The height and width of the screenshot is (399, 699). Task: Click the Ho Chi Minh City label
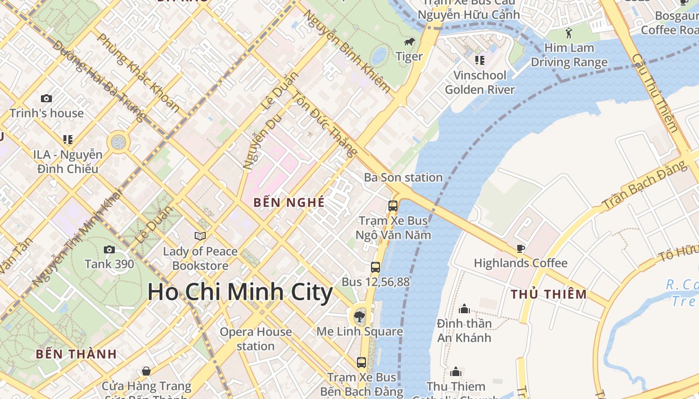(x=240, y=292)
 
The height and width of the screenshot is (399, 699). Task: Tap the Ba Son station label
(x=403, y=178)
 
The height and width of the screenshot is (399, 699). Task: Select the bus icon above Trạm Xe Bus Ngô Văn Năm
(x=393, y=205)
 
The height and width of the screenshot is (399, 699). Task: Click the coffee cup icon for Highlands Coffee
(x=521, y=248)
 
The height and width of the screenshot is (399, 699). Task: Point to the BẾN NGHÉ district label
(x=289, y=202)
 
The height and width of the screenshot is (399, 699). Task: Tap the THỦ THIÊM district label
(x=549, y=294)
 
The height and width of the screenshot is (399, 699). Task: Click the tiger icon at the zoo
(x=409, y=42)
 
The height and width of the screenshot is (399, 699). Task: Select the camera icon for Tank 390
(x=109, y=249)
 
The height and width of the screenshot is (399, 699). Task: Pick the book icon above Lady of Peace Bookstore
(x=200, y=236)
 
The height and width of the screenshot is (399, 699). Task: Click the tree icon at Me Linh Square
(x=358, y=316)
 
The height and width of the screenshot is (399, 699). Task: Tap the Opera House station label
(x=256, y=339)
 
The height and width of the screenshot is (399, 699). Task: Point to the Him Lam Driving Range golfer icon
(x=569, y=33)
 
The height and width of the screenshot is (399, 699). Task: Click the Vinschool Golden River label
(x=479, y=82)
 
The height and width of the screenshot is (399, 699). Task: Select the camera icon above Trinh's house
(x=46, y=98)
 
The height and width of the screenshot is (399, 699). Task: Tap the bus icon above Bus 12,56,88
(x=375, y=267)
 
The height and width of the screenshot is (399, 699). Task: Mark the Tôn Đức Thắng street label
(x=325, y=123)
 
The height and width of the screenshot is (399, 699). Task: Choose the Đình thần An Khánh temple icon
(x=464, y=309)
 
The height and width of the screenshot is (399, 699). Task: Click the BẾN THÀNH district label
(x=76, y=355)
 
